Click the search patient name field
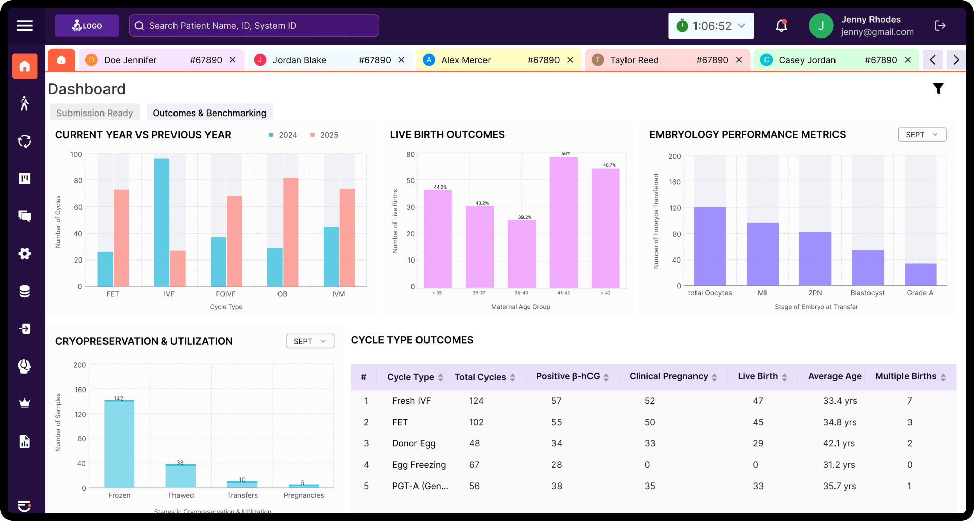254,26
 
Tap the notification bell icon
781,26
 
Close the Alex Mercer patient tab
570,60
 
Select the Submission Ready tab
95,113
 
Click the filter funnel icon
938,89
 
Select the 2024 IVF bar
162,223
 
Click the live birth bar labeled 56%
564,223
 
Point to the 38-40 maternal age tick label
521,293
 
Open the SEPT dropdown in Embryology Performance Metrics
922,134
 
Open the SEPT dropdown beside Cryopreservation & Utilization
310,341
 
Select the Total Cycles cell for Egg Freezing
474,465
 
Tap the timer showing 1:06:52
711,26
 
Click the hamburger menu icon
25,26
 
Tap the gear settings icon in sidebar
25,254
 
